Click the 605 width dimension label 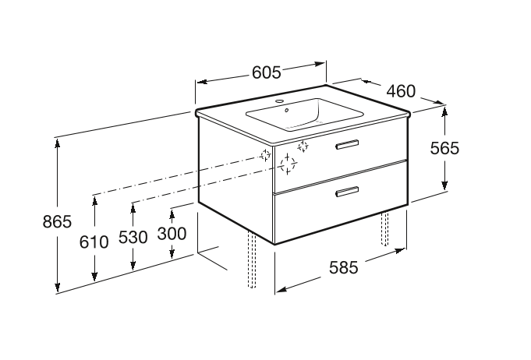pyautogui.click(x=266, y=72)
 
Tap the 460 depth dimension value pyautogui.click(x=400, y=91)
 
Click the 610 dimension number pyautogui.click(x=94, y=241)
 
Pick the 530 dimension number pyautogui.click(x=133, y=237)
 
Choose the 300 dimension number pyautogui.click(x=172, y=233)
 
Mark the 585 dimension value pyautogui.click(x=343, y=267)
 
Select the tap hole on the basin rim pyautogui.click(x=281, y=102)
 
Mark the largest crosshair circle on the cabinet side pyautogui.click(x=289, y=164)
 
